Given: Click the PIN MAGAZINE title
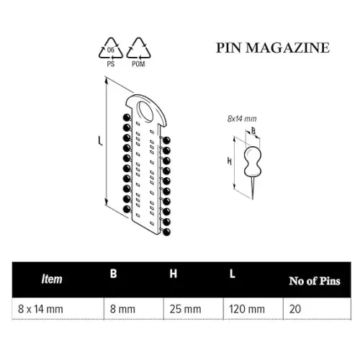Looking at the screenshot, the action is (273, 48).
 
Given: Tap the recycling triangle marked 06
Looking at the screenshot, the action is (111, 49).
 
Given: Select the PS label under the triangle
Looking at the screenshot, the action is (111, 64).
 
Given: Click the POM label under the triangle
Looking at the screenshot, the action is (138, 64).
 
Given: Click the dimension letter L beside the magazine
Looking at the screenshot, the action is (100, 140).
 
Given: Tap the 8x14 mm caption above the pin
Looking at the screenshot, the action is (242, 119).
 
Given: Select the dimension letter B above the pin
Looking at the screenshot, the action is (253, 130).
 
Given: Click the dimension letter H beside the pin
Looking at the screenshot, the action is (230, 161).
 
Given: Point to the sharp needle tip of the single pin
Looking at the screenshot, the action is (253, 199).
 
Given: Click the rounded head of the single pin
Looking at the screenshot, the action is (253, 161).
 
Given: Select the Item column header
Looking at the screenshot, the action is (52, 279).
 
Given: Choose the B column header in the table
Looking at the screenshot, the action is (113, 274).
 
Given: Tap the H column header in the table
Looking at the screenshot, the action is (173, 274).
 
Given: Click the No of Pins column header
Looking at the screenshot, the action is (315, 281).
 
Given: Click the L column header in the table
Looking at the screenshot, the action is (232, 274).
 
